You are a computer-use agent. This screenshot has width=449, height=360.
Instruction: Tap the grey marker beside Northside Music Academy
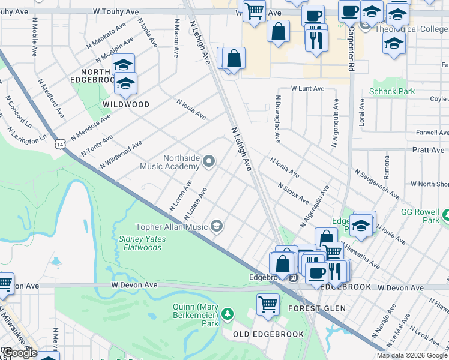point(209,160)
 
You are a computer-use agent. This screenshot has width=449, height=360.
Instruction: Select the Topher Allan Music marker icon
point(217,226)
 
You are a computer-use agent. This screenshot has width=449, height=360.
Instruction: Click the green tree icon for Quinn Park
point(227,314)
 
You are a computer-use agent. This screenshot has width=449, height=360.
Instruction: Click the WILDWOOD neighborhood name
point(125,104)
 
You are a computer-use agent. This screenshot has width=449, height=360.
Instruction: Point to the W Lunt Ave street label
point(307,88)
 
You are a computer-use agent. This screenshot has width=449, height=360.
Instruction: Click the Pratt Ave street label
point(428,149)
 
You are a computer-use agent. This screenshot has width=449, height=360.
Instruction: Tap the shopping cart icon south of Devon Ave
point(268,304)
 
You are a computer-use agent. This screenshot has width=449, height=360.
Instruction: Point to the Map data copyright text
point(411,355)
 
